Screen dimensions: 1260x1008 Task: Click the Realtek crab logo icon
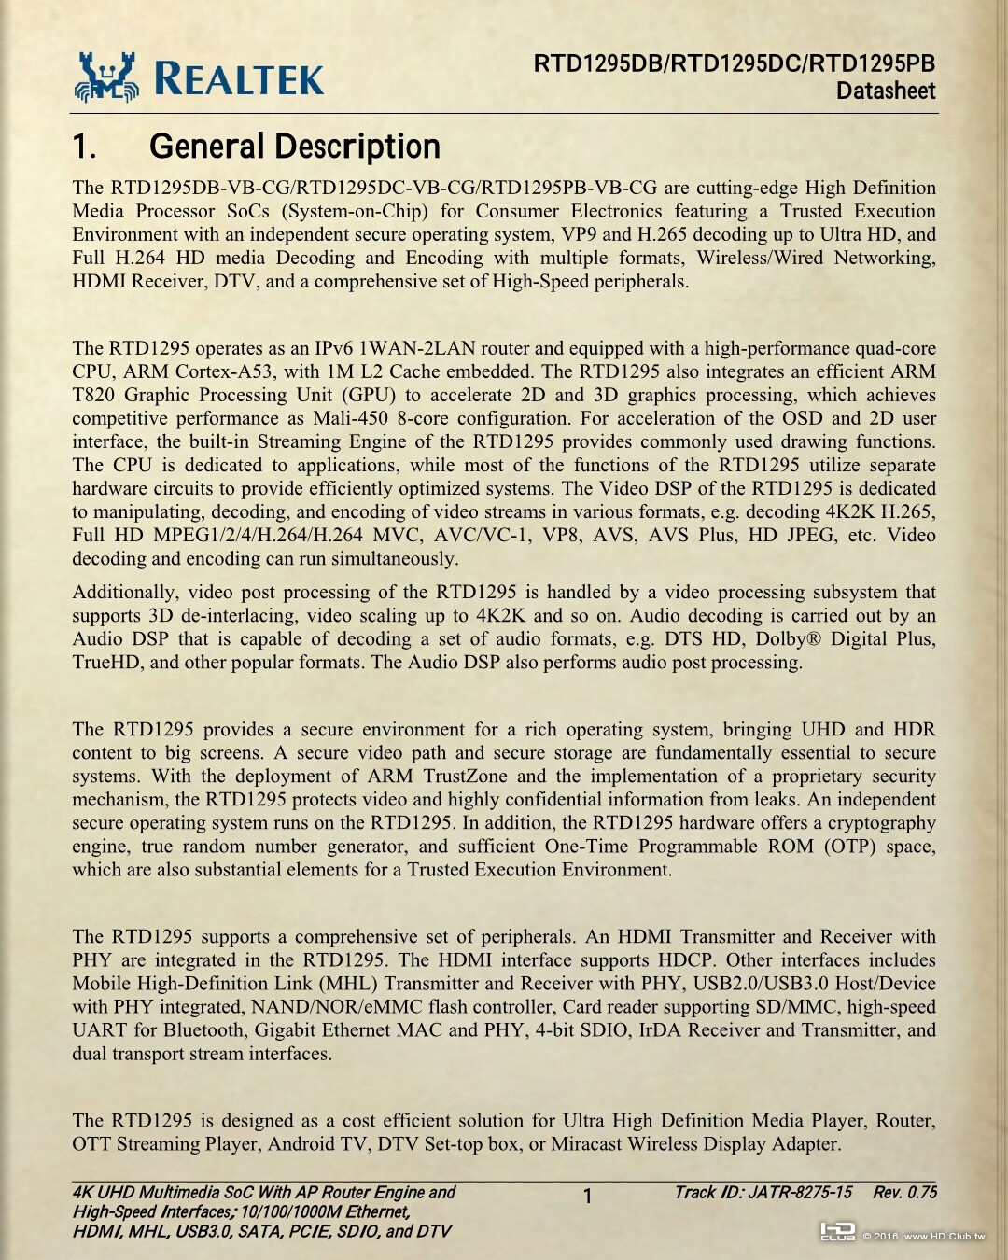tap(106, 77)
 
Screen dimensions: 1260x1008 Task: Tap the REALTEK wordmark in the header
tap(239, 78)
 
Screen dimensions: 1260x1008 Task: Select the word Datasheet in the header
tap(885, 91)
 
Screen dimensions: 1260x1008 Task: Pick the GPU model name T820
tap(93, 395)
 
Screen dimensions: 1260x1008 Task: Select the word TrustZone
tap(465, 777)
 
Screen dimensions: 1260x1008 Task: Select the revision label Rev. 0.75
tap(904, 1193)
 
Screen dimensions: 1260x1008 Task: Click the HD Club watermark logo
tap(837, 1232)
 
